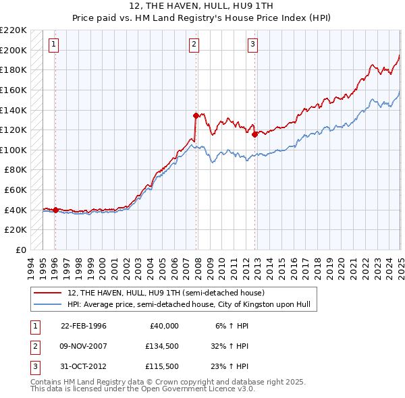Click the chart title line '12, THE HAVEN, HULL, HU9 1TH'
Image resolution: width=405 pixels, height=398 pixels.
(x=202, y=7)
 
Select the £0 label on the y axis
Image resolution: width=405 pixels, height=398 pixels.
(x=20, y=250)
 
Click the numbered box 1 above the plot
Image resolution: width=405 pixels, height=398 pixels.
(x=53, y=45)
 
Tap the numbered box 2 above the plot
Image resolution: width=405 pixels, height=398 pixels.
(x=194, y=45)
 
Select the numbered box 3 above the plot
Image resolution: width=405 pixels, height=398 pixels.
(x=252, y=45)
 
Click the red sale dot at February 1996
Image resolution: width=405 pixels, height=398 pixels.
(x=55, y=210)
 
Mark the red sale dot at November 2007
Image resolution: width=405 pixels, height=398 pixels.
(x=196, y=115)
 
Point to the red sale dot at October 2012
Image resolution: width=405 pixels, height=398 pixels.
(x=254, y=134)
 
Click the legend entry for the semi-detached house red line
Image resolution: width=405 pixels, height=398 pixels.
(x=166, y=293)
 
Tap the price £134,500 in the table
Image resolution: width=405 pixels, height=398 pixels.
(x=161, y=346)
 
